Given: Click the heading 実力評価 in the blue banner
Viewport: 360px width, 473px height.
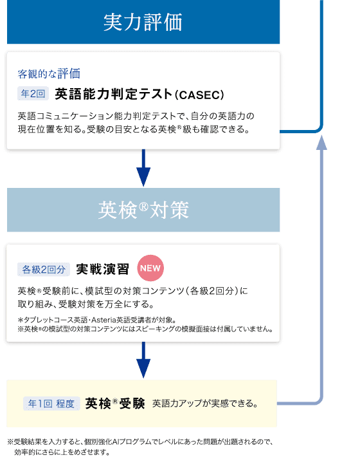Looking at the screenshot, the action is point(143,23).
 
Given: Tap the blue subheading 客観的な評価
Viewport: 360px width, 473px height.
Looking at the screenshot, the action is point(49,73).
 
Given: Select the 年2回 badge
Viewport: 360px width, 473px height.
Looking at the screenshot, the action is point(33,93).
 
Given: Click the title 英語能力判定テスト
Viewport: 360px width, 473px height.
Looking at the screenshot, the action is point(114,94).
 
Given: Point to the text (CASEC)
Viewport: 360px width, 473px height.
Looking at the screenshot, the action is point(199,95).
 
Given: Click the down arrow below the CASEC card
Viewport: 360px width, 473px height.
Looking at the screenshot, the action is point(143,168).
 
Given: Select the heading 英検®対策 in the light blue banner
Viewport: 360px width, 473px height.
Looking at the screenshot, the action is point(143,210).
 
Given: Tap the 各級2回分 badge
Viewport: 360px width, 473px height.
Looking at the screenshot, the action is point(44,269).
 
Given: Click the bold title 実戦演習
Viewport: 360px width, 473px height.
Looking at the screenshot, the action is point(102,269).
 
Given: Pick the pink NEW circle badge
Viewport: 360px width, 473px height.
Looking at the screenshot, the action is point(150,268).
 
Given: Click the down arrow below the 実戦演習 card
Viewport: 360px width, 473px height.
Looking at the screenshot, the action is point(143,360).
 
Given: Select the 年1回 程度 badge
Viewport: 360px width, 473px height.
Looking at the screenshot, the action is point(51,403).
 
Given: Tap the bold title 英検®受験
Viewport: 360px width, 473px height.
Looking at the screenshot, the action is point(115,403).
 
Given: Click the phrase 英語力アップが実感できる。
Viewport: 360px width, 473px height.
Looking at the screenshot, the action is point(205,403).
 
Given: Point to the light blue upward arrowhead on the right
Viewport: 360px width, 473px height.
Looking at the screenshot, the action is point(321,142).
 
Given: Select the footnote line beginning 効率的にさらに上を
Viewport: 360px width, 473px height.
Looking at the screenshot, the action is point(62,452).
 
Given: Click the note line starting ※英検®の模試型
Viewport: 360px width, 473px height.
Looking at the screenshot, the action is point(145,329).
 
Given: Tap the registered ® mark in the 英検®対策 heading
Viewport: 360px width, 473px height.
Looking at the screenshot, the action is point(144,207).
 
